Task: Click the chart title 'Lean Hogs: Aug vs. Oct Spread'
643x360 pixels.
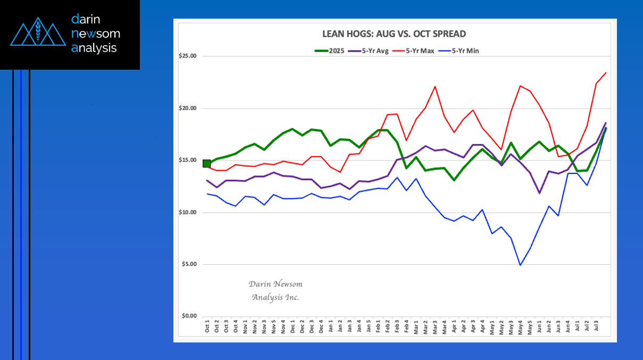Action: click(x=394, y=34)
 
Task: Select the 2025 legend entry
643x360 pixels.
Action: click(x=329, y=51)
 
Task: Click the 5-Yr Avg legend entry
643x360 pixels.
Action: click(x=375, y=51)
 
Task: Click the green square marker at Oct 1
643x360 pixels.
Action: click(x=207, y=163)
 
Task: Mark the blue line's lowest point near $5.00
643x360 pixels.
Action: click(x=520, y=265)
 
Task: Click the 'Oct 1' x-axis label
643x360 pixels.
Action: click(x=207, y=326)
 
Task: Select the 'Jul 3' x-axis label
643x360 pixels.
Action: click(x=596, y=326)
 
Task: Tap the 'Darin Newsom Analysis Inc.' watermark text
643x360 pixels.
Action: click(x=275, y=290)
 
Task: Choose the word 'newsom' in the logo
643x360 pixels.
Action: click(x=96, y=34)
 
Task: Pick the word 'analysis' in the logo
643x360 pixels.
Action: click(x=94, y=48)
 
